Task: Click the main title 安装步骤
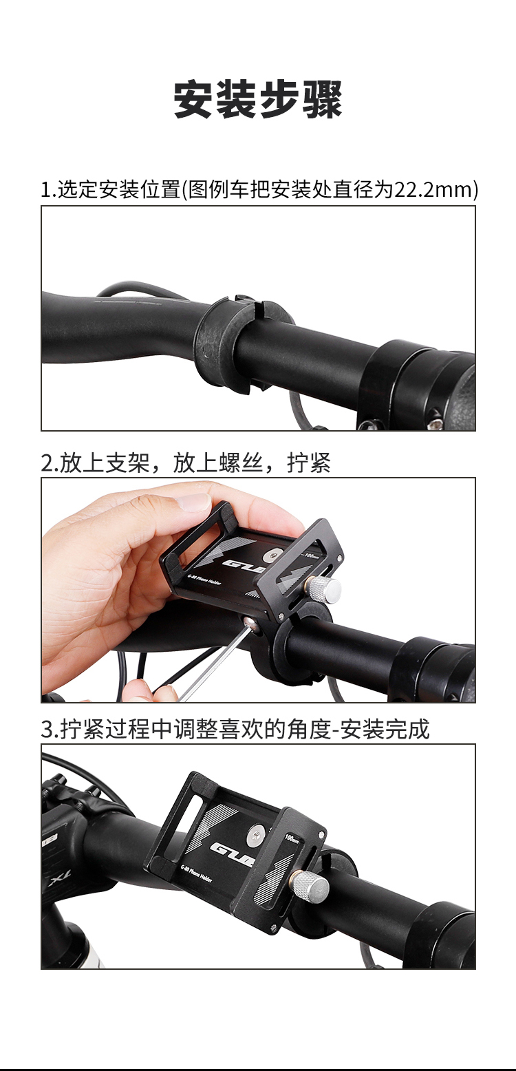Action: click(258, 99)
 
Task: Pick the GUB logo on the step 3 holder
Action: click(232, 854)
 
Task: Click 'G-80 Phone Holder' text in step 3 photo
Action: click(196, 875)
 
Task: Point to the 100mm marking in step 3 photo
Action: click(292, 838)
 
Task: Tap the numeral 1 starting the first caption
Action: click(45, 190)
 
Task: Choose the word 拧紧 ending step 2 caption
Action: click(309, 463)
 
